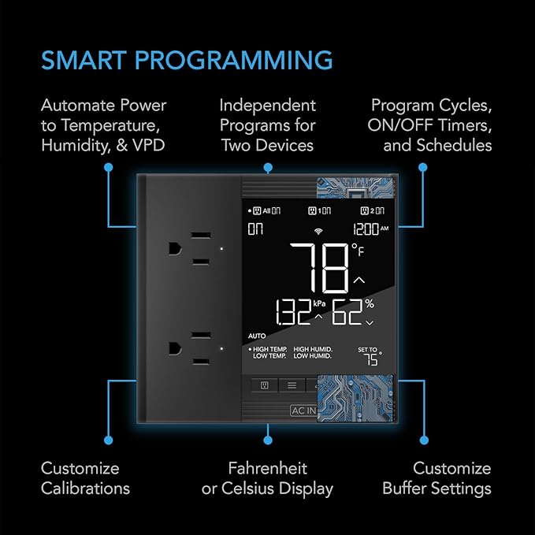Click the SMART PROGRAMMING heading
[x=186, y=60]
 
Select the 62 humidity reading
[x=352, y=314]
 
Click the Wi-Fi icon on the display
[x=318, y=231]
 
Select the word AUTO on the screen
[x=257, y=335]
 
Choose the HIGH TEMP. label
[x=268, y=348]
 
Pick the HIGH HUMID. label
[x=313, y=348]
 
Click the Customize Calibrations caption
[x=85, y=478]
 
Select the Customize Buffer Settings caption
[x=437, y=478]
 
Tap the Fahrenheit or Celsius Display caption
[x=267, y=478]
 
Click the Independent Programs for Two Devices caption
[x=267, y=125]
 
